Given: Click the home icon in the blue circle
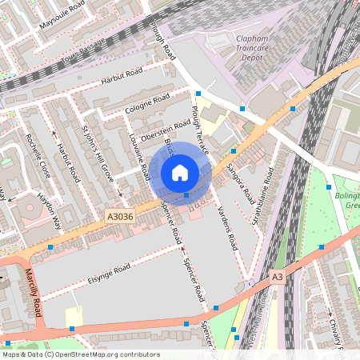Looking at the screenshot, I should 180,173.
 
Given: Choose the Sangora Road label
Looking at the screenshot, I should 238,183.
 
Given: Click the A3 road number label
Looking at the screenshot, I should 277,276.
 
